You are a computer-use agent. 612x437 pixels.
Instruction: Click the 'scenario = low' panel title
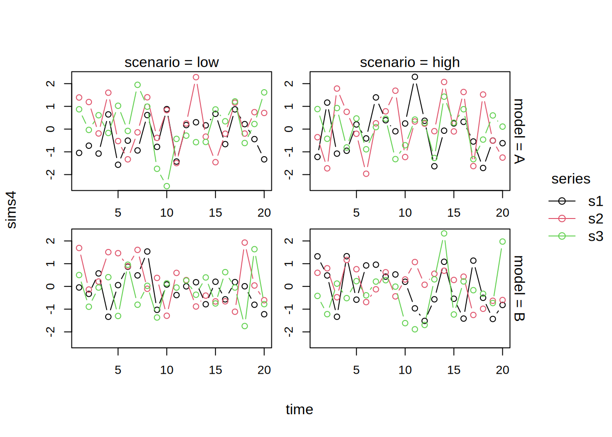click(x=172, y=62)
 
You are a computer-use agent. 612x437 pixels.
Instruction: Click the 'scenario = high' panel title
click(x=410, y=62)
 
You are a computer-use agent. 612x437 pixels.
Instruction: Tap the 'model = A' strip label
click(x=519, y=131)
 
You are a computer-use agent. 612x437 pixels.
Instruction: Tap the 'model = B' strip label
click(x=519, y=288)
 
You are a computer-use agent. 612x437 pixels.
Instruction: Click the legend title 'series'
click(x=571, y=179)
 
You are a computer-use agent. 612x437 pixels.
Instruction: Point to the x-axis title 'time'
click(x=300, y=409)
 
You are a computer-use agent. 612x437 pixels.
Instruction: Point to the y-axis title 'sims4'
click(x=11, y=210)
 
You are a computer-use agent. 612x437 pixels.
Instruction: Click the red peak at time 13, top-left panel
click(x=196, y=77)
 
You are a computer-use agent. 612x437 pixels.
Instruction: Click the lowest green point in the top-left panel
click(x=167, y=186)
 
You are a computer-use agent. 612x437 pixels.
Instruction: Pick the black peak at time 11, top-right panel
click(x=415, y=77)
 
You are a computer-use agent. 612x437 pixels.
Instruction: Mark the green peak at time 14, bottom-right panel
click(x=444, y=234)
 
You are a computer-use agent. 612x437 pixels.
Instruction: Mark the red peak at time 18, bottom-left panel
click(x=245, y=243)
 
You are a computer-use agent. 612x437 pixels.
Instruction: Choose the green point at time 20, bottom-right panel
click(x=502, y=241)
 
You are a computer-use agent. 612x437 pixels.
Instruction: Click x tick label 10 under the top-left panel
click(x=167, y=213)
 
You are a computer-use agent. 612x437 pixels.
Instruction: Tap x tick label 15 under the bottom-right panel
click(x=454, y=370)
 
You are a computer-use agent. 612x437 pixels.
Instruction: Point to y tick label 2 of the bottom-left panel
click(x=51, y=241)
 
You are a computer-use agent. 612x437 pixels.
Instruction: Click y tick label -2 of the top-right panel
click(x=289, y=174)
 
